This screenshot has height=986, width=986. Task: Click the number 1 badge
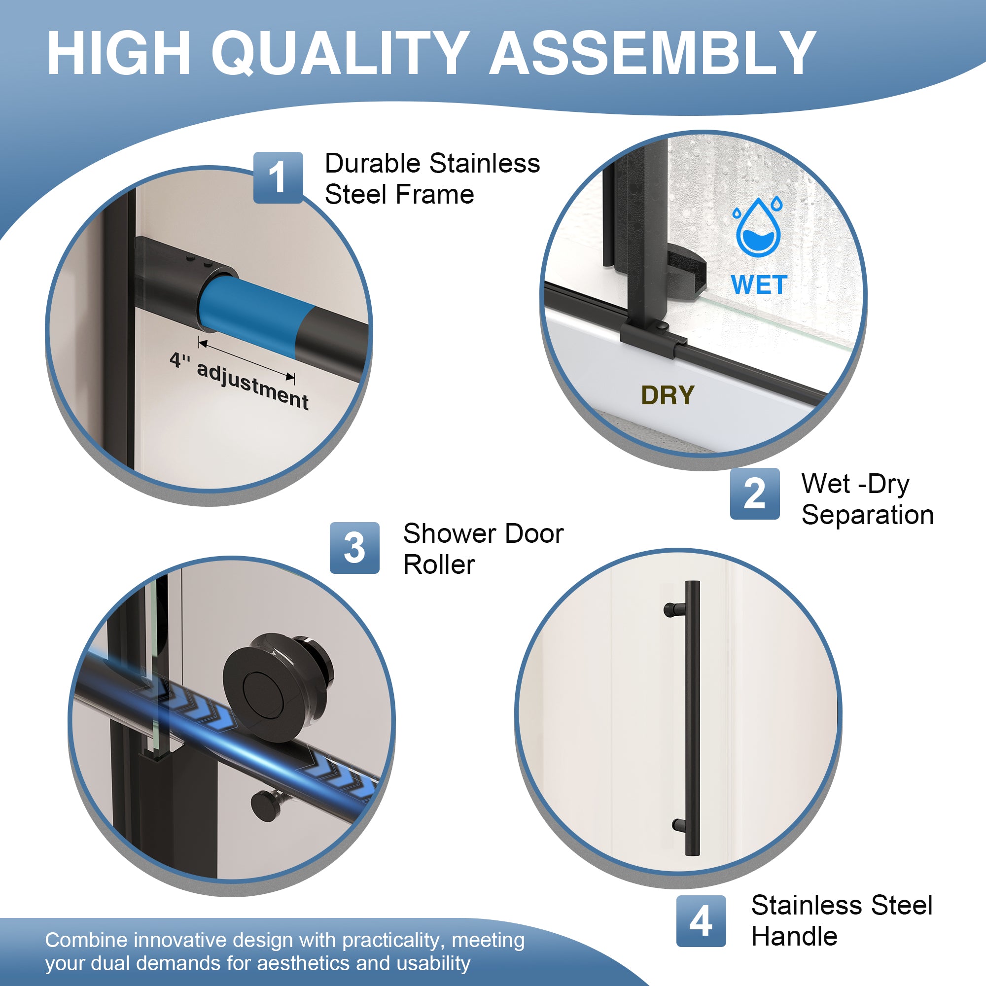[278, 177]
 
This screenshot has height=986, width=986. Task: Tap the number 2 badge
[754, 493]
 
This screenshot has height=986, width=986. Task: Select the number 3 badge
[354, 548]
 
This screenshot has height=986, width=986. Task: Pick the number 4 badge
[701, 920]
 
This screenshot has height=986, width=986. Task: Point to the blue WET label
[759, 285]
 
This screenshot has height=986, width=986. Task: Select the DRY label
[668, 395]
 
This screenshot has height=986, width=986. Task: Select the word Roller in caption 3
[439, 564]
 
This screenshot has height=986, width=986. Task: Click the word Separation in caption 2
[867, 514]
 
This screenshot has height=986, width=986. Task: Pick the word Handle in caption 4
[794, 936]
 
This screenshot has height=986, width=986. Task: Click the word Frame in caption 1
[435, 194]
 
